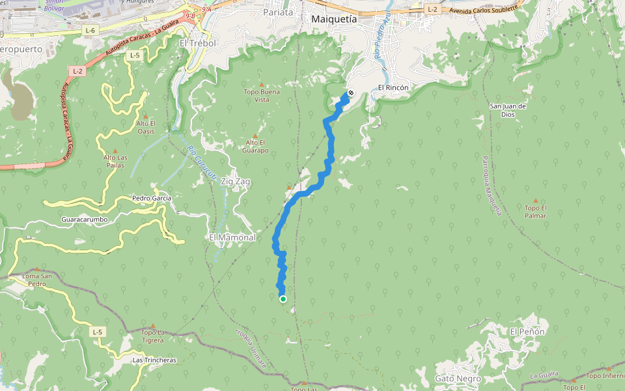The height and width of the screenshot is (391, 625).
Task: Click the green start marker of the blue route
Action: pos(283,299)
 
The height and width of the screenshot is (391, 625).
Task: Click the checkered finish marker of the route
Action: pos(350,93)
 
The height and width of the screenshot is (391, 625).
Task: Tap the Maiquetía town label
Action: pos(334,19)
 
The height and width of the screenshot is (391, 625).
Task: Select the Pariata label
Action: pos(278,12)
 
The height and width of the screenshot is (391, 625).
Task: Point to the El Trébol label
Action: pos(197,43)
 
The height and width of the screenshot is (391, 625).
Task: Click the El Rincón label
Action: pos(393,87)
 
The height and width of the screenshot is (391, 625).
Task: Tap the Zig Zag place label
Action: pos(236,181)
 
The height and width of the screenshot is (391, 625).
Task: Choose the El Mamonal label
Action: pos(232,237)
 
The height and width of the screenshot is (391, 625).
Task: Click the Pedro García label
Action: pos(151,198)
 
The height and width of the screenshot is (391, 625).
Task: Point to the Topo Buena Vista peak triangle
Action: pos(262,84)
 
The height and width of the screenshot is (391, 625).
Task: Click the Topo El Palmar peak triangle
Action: pos(536,201)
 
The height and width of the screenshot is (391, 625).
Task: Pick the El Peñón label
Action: pos(527,332)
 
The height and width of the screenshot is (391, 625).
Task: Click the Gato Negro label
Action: pos(458,379)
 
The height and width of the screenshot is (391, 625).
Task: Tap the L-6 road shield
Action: pos(90,31)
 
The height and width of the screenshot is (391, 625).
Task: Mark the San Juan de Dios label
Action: pos(508,110)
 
